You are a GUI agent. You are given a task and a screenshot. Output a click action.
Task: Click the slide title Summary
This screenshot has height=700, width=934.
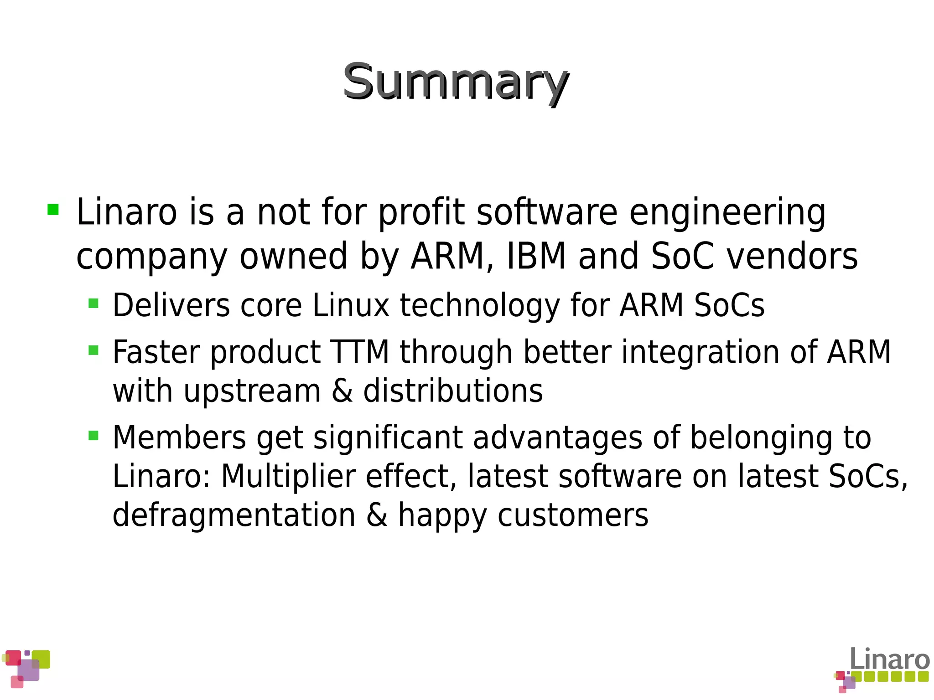tap(455, 82)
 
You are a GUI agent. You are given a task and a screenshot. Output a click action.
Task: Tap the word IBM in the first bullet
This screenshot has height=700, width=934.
tap(536, 256)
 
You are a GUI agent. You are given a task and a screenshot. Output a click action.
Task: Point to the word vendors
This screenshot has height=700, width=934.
tap(792, 256)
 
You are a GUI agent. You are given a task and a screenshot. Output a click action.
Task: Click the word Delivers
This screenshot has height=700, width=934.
tap(171, 305)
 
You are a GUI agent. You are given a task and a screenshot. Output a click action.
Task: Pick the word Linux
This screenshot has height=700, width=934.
tap(351, 305)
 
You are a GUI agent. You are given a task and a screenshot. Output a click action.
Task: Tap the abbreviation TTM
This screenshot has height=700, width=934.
tap(360, 352)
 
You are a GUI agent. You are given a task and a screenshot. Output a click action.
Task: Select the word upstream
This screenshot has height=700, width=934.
tap(252, 391)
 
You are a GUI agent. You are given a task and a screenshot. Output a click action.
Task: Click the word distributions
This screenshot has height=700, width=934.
tap(453, 391)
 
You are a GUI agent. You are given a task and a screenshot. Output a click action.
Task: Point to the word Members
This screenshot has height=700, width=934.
tap(179, 437)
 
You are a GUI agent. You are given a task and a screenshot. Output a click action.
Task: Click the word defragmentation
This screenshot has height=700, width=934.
tap(234, 515)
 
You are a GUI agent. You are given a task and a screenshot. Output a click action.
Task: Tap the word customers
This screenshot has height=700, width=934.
tap(573, 515)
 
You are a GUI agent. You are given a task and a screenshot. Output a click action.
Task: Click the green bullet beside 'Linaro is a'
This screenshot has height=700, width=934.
tap(53, 210)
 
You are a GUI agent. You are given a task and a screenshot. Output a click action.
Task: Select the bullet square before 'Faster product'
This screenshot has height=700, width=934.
tap(93, 350)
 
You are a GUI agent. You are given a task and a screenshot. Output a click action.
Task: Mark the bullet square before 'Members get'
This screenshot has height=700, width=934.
tap(93, 435)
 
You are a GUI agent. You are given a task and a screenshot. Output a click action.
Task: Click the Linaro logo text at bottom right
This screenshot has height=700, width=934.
tap(889, 659)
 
